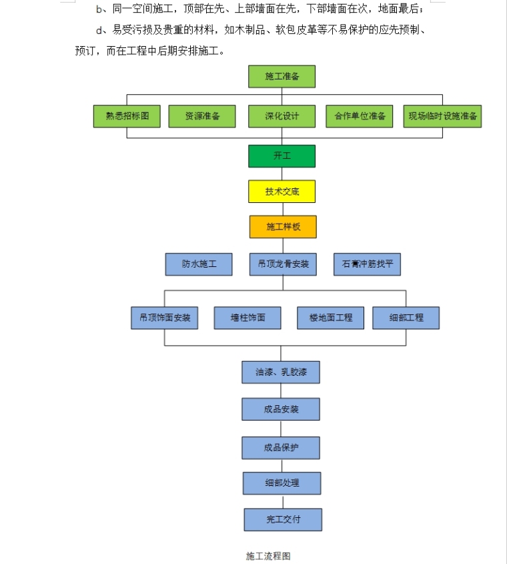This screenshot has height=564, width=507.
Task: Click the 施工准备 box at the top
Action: pyautogui.click(x=282, y=76)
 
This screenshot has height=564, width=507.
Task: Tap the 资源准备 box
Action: pyautogui.click(x=202, y=116)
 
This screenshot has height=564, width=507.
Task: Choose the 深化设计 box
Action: pyautogui.click(x=282, y=116)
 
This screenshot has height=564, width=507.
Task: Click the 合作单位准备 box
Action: pyautogui.click(x=360, y=116)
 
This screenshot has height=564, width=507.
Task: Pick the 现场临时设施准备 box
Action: pyautogui.click(x=442, y=116)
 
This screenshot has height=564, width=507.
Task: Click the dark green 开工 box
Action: pyautogui.click(x=282, y=156)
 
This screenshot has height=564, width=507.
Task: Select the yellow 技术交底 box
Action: pyautogui.click(x=282, y=192)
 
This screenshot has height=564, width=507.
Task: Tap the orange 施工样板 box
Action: pyautogui.click(x=283, y=227)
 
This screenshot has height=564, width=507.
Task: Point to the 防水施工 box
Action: pyautogui.click(x=199, y=264)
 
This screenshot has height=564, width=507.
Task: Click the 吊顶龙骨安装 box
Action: pyautogui.click(x=283, y=264)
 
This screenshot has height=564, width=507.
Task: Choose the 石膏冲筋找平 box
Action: pyautogui.click(x=367, y=264)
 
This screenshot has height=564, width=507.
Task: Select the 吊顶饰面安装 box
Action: pyautogui.click(x=165, y=318)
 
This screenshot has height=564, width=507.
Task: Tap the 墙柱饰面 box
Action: pyautogui.click(x=247, y=318)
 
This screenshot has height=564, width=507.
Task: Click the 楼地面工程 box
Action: pyautogui.click(x=330, y=318)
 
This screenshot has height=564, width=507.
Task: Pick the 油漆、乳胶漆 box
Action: pyautogui.click(x=280, y=372)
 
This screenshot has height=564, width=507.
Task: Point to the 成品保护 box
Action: pyautogui.click(x=280, y=447)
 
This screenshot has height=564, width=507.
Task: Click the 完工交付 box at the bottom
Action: pyautogui.click(x=283, y=519)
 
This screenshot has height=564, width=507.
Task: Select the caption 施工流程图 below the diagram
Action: pyautogui.click(x=268, y=555)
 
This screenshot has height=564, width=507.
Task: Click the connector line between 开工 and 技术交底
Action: pyautogui.click(x=282, y=174)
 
